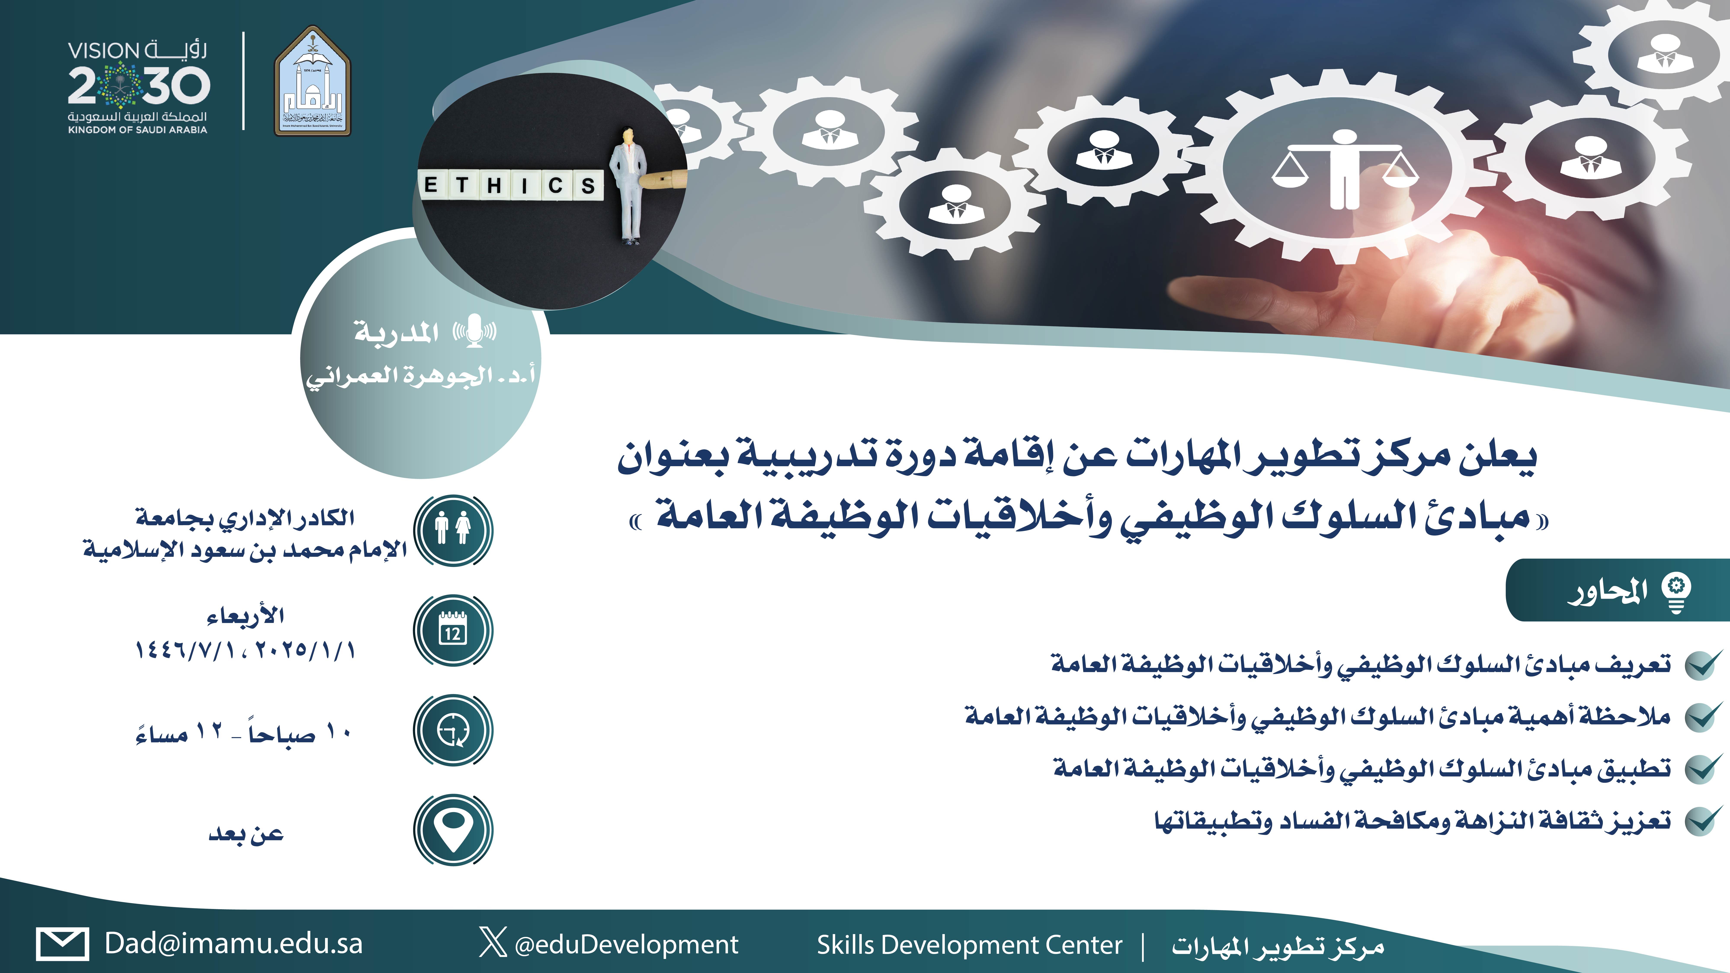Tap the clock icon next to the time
(x=453, y=730)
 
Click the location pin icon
(x=453, y=830)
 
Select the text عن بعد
(x=246, y=833)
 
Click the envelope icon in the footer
(x=62, y=944)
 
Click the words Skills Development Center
(x=969, y=945)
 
